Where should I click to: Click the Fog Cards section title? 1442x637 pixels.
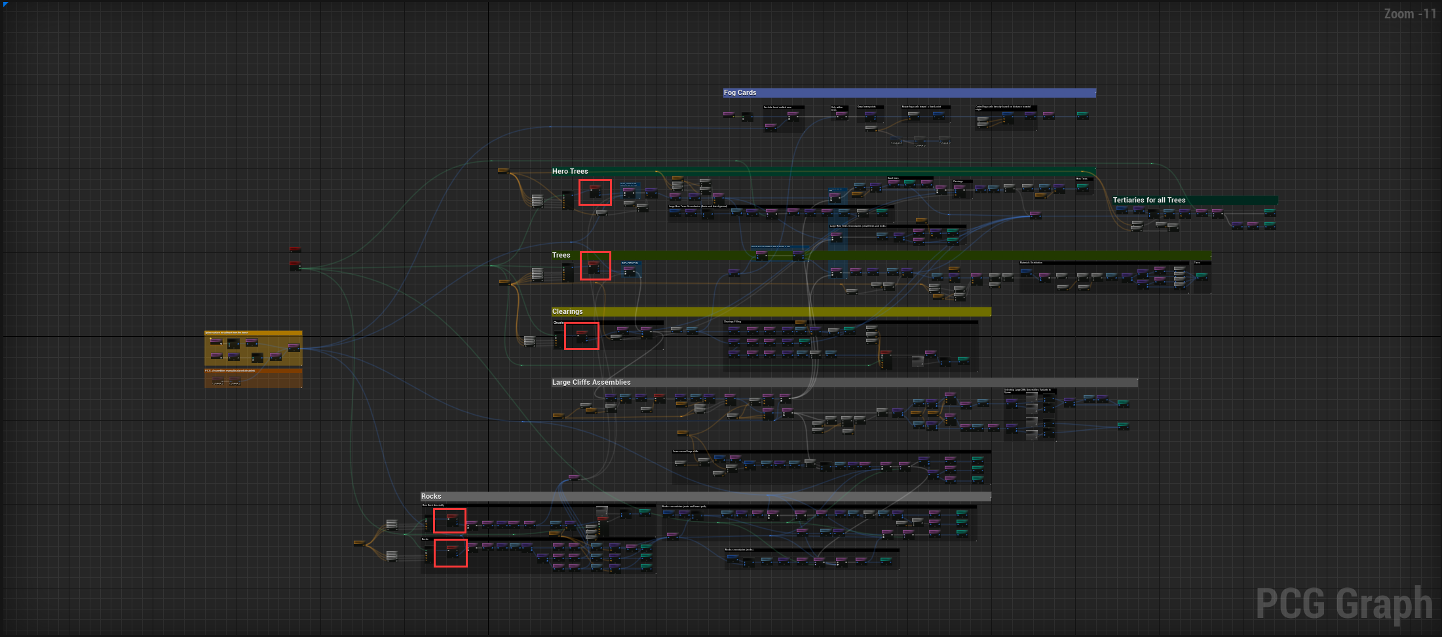pyautogui.click(x=740, y=93)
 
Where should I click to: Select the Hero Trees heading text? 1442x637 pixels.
pyautogui.click(x=570, y=172)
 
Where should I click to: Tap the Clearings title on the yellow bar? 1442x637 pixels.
pyautogui.click(x=567, y=312)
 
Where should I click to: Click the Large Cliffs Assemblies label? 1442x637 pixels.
pyautogui.click(x=591, y=383)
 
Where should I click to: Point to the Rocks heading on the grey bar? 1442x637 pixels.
pyautogui.click(x=431, y=497)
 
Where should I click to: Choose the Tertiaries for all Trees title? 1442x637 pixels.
pyautogui.click(x=1148, y=201)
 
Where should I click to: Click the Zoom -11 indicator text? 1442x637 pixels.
pyautogui.click(x=1409, y=14)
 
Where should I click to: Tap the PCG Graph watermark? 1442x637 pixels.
pyautogui.click(x=1343, y=604)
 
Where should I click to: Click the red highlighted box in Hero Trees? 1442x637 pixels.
pyautogui.click(x=595, y=193)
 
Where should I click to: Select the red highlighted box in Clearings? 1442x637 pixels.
pyautogui.click(x=582, y=336)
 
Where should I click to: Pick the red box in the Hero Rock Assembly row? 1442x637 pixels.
pyautogui.click(x=449, y=521)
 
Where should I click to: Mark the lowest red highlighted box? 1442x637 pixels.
pyautogui.click(x=451, y=553)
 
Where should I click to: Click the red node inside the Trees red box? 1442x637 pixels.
pyautogui.click(x=594, y=265)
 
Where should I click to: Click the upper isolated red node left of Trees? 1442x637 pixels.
pyautogui.click(x=295, y=250)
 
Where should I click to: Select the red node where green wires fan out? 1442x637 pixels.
pyautogui.click(x=295, y=265)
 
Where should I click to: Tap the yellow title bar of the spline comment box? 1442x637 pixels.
pyautogui.click(x=253, y=333)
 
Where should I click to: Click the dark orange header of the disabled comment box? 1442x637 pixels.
pyautogui.click(x=253, y=371)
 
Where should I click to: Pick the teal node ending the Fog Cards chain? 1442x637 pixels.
pyautogui.click(x=1082, y=115)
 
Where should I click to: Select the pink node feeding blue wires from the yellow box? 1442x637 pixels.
pyautogui.click(x=294, y=347)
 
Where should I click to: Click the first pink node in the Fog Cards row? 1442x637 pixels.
pyautogui.click(x=729, y=115)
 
